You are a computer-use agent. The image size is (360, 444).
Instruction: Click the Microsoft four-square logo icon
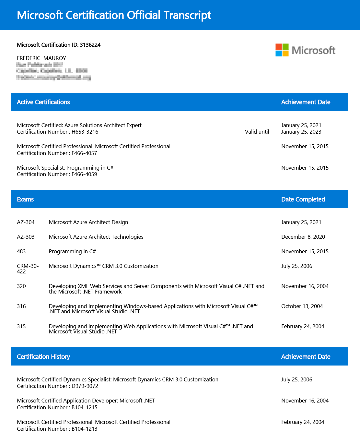pos(282,50)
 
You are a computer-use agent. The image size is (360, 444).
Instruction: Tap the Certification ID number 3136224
pos(90,45)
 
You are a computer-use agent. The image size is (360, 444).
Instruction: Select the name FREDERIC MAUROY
pos(41,58)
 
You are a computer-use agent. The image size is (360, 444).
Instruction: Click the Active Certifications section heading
pos(43,102)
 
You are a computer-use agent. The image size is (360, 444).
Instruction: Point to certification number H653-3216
pos(85,132)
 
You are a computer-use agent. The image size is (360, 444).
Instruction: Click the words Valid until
pos(257,132)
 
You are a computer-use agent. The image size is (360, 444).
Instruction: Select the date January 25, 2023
pos(301,132)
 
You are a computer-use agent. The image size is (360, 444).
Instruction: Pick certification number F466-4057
pos(84,153)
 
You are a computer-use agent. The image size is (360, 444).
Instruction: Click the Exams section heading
pos(25,199)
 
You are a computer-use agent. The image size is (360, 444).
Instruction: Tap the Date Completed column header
pos(303,199)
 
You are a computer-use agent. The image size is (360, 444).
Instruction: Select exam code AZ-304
pos(26,222)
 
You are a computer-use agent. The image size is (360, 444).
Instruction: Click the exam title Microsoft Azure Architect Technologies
pos(96,237)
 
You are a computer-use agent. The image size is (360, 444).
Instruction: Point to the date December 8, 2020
pos(303,237)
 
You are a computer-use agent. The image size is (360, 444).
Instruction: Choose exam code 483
pos(21,251)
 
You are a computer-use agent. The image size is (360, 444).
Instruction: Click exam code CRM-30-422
pos(28,269)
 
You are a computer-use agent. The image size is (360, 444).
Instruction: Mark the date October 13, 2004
pos(302,306)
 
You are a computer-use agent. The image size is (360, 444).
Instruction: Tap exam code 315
pos(21,326)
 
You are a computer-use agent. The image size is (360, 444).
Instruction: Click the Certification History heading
pos(43,357)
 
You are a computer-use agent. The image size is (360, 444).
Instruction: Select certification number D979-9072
pos(85,386)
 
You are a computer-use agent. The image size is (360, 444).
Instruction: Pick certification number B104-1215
pos(84,407)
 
